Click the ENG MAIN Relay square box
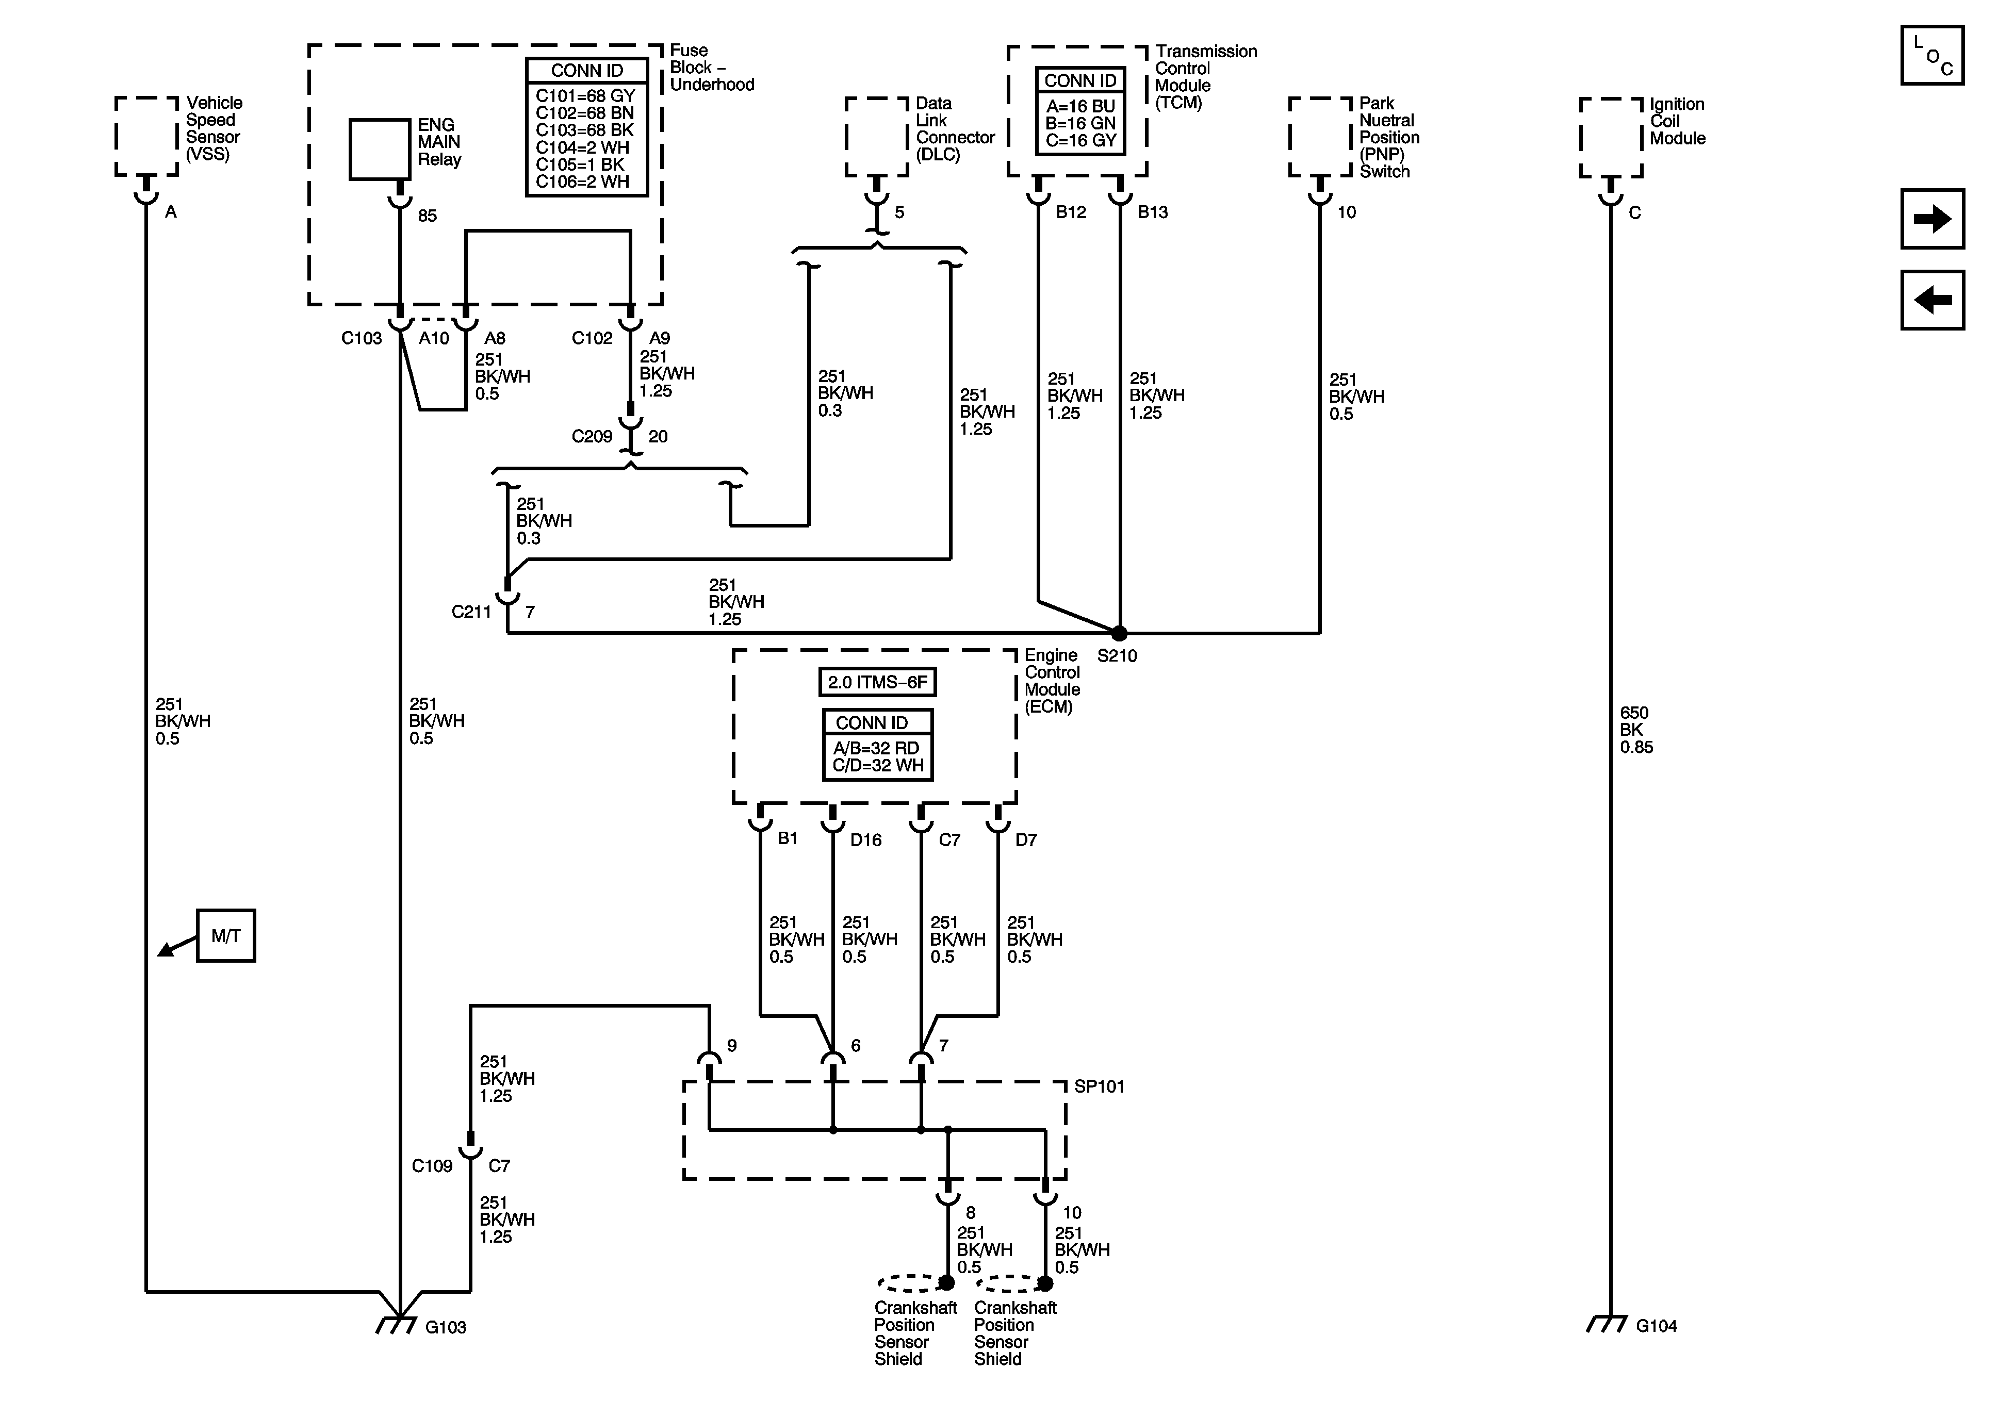pos(380,150)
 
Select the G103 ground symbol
pos(396,1324)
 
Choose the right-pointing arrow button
pos(1932,219)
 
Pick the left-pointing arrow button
pos(1932,300)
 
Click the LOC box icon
pos(1932,56)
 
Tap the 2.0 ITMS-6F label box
pos(877,682)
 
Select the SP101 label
pos(1099,1087)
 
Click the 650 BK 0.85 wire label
pos(1636,730)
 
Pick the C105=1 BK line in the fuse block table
pos(580,164)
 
